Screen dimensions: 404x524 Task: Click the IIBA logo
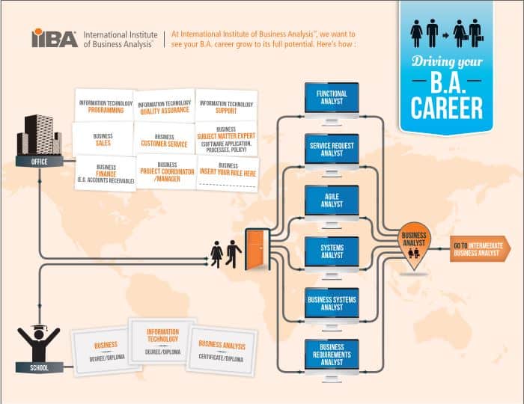pyautogui.click(x=54, y=38)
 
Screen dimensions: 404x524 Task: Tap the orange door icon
pyautogui.click(x=256, y=247)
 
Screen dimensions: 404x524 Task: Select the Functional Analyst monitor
pyautogui.click(x=332, y=100)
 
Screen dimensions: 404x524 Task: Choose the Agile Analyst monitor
pyautogui.click(x=332, y=201)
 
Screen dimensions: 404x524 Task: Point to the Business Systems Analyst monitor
pyautogui.click(x=332, y=303)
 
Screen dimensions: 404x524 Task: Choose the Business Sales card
pyautogui.click(x=103, y=139)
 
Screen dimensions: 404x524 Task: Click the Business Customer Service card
pyautogui.click(x=164, y=140)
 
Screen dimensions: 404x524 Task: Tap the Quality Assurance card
pyautogui.click(x=164, y=107)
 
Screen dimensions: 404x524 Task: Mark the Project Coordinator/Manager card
pyautogui.click(x=165, y=173)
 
